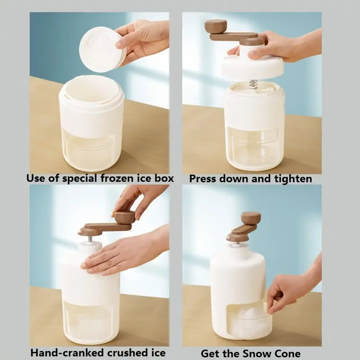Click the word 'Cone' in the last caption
(289, 353)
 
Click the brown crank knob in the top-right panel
(215, 26)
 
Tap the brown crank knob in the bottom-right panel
(251, 218)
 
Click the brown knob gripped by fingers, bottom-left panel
(124, 217)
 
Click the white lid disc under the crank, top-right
(252, 66)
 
